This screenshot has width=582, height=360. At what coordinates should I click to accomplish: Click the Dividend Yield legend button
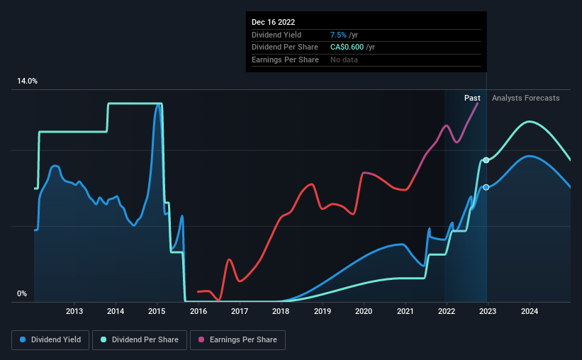coord(50,340)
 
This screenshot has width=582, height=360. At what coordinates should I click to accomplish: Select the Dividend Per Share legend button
coord(144,340)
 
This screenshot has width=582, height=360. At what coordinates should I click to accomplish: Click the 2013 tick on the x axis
coord(74,310)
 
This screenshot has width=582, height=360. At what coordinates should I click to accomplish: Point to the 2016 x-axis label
coord(198,310)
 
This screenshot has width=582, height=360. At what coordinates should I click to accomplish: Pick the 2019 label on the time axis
coord(323,310)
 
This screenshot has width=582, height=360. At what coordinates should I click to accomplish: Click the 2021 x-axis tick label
coord(405,310)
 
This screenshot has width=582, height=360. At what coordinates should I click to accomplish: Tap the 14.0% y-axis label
coord(27,81)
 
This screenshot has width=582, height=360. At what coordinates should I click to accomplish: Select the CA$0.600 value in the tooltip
coord(349,47)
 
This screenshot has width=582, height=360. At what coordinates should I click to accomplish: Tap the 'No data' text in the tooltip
coord(344,60)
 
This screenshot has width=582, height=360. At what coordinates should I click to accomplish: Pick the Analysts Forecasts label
coord(525,98)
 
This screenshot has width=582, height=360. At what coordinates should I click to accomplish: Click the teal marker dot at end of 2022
coord(486,160)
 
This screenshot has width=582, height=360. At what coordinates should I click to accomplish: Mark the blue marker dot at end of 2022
coord(486,187)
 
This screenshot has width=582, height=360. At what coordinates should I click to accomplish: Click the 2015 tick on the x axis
coord(157,310)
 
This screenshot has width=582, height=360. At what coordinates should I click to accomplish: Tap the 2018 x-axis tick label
coord(281,310)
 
